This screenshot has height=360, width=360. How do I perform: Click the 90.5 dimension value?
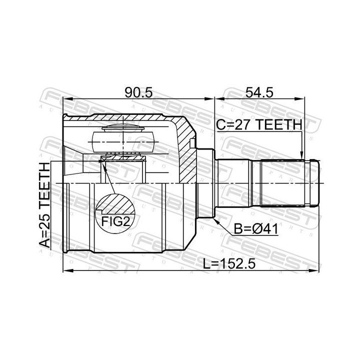pos(138,92)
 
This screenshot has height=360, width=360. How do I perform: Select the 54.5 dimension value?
pos(259,92)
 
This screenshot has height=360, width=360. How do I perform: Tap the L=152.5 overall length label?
pos(229,263)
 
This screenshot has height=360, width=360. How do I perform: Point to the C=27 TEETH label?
pos(259,124)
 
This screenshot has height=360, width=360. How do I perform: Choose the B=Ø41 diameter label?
pos(256,229)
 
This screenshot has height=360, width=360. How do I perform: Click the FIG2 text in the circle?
pos(115,222)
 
